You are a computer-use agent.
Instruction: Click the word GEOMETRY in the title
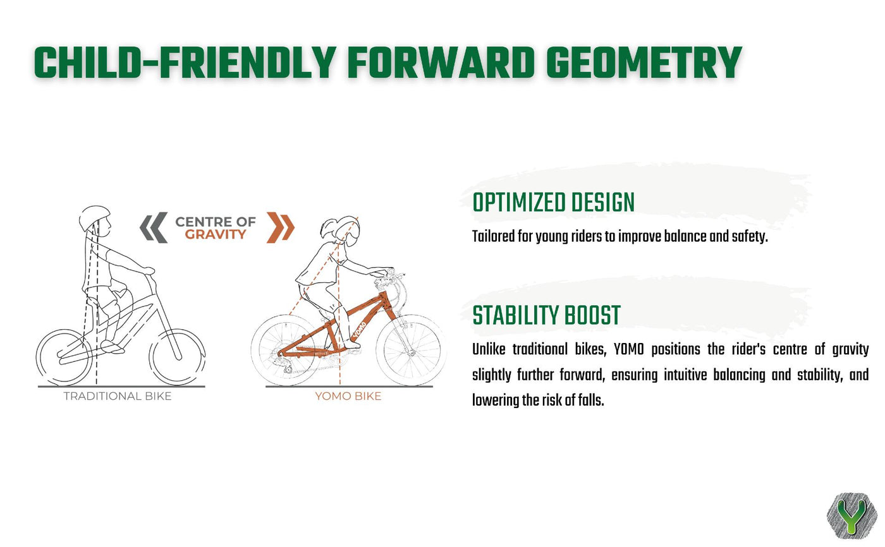point(644,63)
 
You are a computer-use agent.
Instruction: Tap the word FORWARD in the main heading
point(441,63)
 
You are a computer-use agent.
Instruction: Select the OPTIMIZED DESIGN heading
point(553,203)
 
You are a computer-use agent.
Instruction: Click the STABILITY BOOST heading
point(546,315)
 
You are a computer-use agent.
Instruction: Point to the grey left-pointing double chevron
point(153,227)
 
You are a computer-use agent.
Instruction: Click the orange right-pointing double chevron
point(281,227)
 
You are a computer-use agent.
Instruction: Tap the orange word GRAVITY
point(216,234)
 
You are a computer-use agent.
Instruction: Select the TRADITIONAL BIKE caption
point(118,396)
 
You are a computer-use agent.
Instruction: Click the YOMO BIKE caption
point(348,396)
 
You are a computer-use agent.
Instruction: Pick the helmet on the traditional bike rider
point(94,217)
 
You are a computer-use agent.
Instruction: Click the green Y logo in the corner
point(851,516)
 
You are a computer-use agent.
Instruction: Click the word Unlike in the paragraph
point(489,349)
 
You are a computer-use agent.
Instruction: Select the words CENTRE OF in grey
point(216,222)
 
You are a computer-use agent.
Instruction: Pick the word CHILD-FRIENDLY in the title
point(185,63)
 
